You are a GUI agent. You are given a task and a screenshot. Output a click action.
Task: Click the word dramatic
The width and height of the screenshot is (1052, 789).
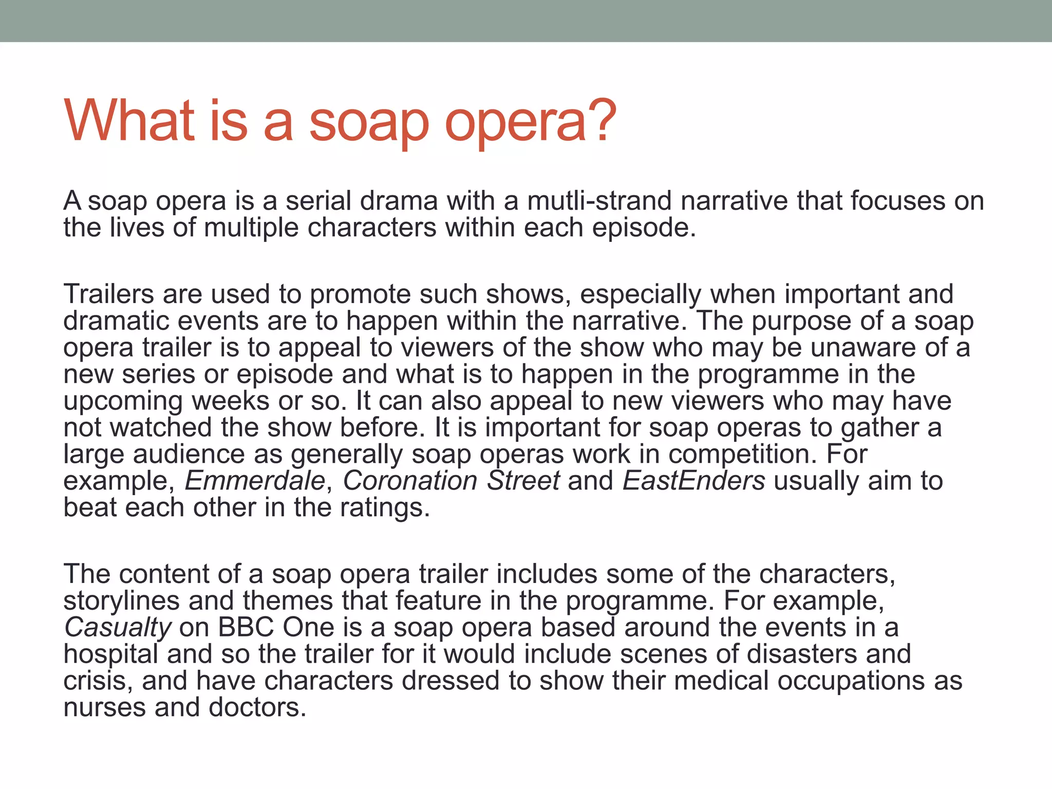click(x=116, y=321)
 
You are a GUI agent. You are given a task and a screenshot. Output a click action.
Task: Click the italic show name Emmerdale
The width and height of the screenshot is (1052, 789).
click(x=255, y=481)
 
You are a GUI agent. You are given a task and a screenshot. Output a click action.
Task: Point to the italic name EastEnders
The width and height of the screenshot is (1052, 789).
click(x=694, y=481)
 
